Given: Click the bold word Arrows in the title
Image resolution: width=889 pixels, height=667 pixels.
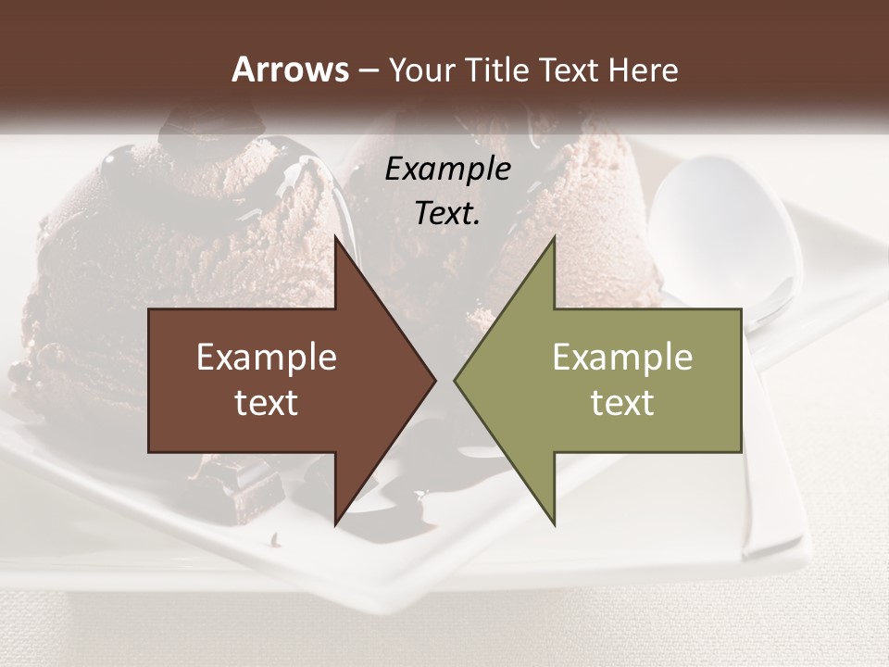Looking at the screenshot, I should [290, 69].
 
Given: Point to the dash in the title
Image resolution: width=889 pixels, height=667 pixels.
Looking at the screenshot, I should [368, 70].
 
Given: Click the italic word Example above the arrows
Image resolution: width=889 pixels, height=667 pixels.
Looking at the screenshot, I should [447, 170].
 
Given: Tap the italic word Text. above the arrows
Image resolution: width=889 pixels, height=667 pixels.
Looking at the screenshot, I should [447, 214].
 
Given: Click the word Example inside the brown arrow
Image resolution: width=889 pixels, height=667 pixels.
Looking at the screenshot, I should [267, 358].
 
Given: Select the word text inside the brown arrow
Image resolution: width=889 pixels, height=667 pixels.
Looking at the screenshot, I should [267, 403].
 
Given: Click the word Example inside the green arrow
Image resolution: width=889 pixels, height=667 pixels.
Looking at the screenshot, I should [622, 358].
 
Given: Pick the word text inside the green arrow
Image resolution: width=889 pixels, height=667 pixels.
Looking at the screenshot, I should [622, 403].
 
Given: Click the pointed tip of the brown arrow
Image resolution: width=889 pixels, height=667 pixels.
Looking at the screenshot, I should [435, 380].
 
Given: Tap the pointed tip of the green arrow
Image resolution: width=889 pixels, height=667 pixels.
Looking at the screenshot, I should [455, 380].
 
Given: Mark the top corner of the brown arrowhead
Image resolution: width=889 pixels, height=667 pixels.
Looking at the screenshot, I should [335, 237].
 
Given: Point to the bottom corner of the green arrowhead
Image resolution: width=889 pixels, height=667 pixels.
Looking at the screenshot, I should [554, 524].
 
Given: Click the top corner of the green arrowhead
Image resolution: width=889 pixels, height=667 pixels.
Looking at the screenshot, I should [554, 237].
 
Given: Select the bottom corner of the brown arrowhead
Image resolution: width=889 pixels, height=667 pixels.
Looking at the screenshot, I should [335, 524].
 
